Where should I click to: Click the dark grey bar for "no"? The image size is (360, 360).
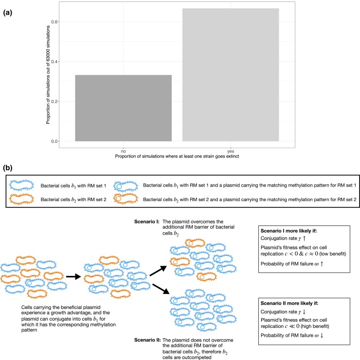pos(123,108)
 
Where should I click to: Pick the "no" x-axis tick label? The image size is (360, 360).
pos(123,151)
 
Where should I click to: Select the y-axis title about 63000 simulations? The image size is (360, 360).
pos(49,72)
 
